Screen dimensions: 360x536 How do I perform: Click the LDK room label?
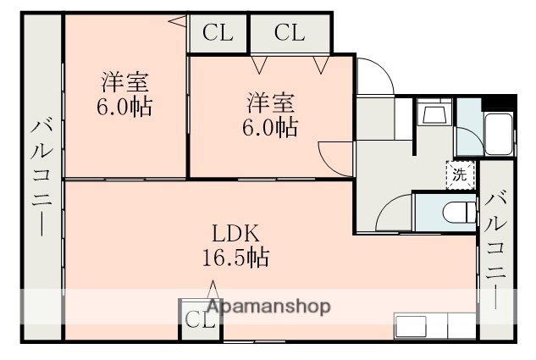coord(235,234)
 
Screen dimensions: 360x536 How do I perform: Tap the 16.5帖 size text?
coord(235,258)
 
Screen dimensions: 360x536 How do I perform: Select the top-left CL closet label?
coord(218,33)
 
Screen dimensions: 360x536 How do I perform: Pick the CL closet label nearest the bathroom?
coord(289,33)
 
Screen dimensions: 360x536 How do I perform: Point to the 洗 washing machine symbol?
coord(458,176)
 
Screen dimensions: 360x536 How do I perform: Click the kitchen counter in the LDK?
coord(434,325)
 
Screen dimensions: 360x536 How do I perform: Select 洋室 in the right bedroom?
coord(271,104)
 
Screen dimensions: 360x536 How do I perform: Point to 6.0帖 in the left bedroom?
coord(125,108)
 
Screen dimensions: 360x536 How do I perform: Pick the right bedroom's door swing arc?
coord(334,158)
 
